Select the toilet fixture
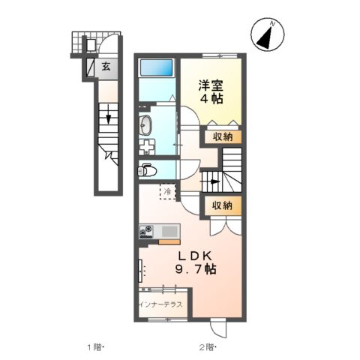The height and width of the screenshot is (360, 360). point(145,170)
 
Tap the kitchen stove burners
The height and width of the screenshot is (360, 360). point(146,231)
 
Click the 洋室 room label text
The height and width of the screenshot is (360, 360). point(211,85)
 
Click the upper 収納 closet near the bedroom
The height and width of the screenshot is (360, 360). point(221,136)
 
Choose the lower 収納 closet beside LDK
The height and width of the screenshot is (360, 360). point(221,205)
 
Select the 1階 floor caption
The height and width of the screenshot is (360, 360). point(94,347)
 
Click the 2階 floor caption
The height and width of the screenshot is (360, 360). point(207,347)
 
